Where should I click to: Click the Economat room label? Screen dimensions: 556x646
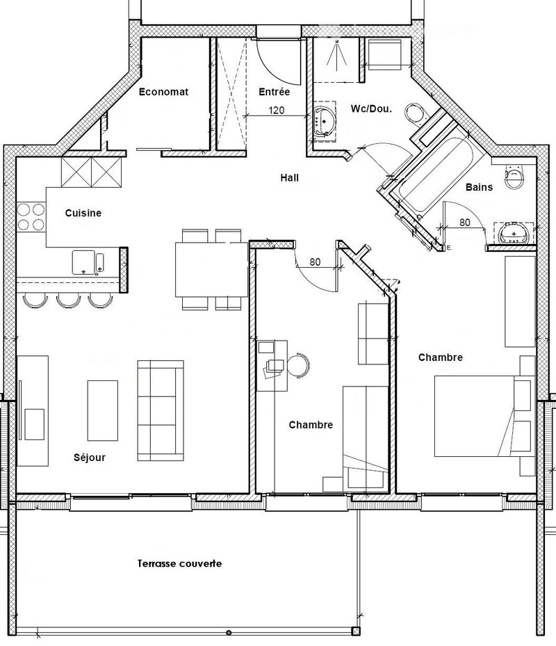coord(163,92)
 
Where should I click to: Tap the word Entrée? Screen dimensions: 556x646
coord(275,92)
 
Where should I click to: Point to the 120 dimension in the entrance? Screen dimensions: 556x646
coord(277,111)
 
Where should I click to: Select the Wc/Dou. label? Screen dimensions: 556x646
coord(371,108)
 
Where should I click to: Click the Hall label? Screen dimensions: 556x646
coord(290,177)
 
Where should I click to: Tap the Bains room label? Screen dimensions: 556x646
coord(479,187)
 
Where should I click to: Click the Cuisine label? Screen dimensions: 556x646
coord(83,213)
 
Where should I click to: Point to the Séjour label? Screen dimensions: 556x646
coord(90,458)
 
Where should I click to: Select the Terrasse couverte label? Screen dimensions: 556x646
coord(179,563)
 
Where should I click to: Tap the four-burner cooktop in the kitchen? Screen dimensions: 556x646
coord(31,217)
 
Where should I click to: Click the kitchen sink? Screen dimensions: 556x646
coord(88,262)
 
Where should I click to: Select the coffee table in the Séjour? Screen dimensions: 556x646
coord(103,410)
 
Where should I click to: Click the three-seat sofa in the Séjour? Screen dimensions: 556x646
coord(161,410)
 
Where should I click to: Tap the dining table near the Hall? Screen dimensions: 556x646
coord(212,269)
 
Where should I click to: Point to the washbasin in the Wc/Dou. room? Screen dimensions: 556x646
coord(325,121)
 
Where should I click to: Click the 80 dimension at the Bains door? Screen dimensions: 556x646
coord(465,223)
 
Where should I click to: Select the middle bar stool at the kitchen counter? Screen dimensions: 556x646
coord(68,300)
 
